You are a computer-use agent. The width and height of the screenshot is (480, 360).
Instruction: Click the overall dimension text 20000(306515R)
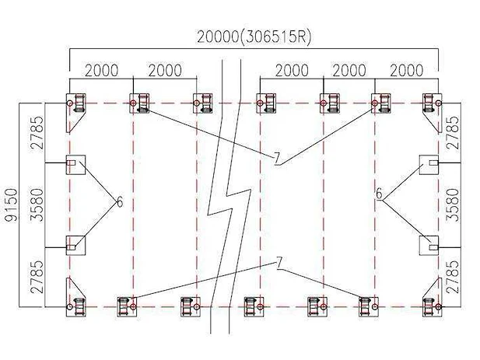(x=254, y=37)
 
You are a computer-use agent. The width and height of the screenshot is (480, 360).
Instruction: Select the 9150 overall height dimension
(x=12, y=204)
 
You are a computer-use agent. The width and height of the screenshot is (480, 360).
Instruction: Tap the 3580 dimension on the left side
(x=38, y=204)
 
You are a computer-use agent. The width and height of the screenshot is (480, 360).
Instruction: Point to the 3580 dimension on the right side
(x=453, y=204)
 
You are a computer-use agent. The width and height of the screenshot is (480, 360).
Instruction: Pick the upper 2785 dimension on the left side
(x=38, y=132)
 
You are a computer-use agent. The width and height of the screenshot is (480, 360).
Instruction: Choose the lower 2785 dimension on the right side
(x=453, y=277)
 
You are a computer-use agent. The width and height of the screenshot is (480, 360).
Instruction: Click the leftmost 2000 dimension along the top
(x=101, y=70)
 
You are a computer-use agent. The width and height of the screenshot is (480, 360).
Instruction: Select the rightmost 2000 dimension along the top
(x=407, y=70)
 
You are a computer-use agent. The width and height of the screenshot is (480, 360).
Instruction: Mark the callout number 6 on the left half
(x=120, y=202)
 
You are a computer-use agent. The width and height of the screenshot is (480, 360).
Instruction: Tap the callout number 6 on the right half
(x=380, y=194)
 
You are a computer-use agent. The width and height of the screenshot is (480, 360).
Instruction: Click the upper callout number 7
(x=277, y=159)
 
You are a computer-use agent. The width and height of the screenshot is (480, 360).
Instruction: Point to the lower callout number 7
(x=279, y=263)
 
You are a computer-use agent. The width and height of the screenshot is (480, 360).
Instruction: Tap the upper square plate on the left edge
(x=76, y=165)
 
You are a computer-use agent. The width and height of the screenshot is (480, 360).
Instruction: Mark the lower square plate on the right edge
(x=429, y=245)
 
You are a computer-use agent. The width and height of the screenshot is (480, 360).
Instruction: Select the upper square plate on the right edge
(x=429, y=165)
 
